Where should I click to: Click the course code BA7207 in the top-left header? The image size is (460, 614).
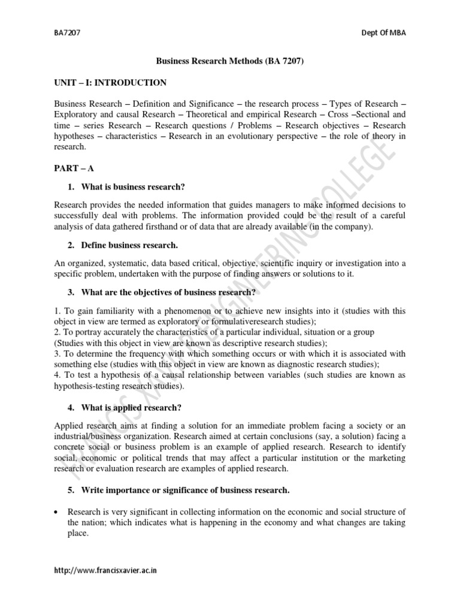coord(65,33)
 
